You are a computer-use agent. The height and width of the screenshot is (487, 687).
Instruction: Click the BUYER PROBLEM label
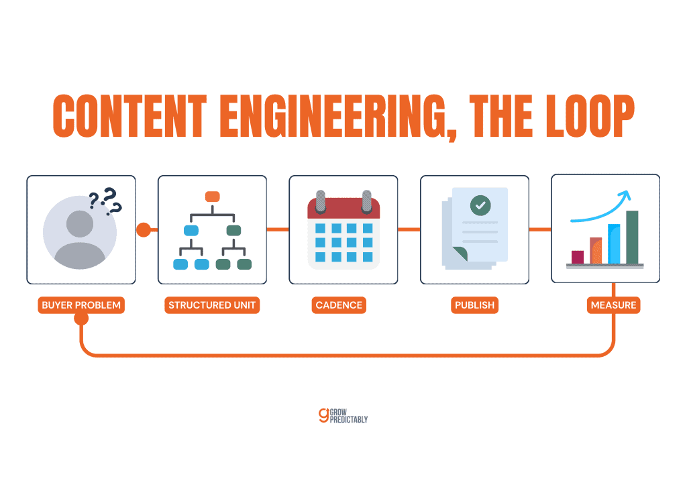(x=81, y=305)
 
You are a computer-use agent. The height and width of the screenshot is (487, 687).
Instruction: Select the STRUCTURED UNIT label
(x=212, y=305)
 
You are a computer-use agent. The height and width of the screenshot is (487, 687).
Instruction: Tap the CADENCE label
(x=339, y=305)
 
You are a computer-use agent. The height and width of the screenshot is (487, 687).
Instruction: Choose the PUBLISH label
(x=474, y=305)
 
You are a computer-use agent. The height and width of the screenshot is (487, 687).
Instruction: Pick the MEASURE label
(x=613, y=305)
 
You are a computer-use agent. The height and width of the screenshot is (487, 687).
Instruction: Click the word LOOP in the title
(x=590, y=116)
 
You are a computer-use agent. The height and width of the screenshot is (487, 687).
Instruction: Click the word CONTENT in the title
(x=129, y=116)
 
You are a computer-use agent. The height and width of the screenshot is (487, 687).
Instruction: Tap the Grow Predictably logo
(x=343, y=416)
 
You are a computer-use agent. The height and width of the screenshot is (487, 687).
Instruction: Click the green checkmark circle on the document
(x=480, y=205)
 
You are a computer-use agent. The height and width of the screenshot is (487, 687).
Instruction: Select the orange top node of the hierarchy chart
(x=213, y=197)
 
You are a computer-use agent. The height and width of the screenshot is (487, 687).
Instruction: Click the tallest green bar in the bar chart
(x=632, y=237)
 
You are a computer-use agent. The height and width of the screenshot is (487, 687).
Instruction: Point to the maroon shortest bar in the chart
(x=578, y=257)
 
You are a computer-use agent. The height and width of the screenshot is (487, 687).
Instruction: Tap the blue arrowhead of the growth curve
(x=626, y=195)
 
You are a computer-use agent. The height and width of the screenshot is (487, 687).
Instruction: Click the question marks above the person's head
(x=105, y=201)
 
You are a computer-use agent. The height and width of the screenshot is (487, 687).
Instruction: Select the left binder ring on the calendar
(x=321, y=201)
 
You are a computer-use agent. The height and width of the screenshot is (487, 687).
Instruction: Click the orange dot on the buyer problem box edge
(x=144, y=229)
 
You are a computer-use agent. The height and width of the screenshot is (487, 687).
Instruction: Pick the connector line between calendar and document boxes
(x=409, y=229)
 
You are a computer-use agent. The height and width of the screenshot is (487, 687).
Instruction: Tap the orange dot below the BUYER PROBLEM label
(x=81, y=319)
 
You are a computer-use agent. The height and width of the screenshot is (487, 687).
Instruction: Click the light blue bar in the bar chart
(x=614, y=244)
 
